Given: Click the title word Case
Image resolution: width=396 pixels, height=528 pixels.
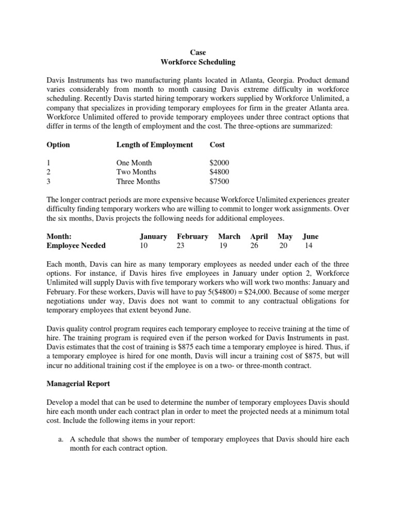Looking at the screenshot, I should [x=198, y=53].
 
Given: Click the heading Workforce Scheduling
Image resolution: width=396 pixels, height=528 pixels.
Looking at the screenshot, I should [x=198, y=62].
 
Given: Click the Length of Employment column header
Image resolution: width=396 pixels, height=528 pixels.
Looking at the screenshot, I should [x=155, y=145].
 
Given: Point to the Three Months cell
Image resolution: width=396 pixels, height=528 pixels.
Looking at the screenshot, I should [x=138, y=181].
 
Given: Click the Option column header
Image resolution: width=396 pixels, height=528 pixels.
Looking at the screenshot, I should [x=58, y=145].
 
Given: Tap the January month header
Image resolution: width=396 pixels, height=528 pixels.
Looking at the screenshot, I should [x=153, y=236].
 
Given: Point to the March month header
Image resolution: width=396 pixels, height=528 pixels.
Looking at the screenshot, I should [x=229, y=236].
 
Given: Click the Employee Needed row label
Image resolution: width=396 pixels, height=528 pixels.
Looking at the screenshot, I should [x=76, y=245].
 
